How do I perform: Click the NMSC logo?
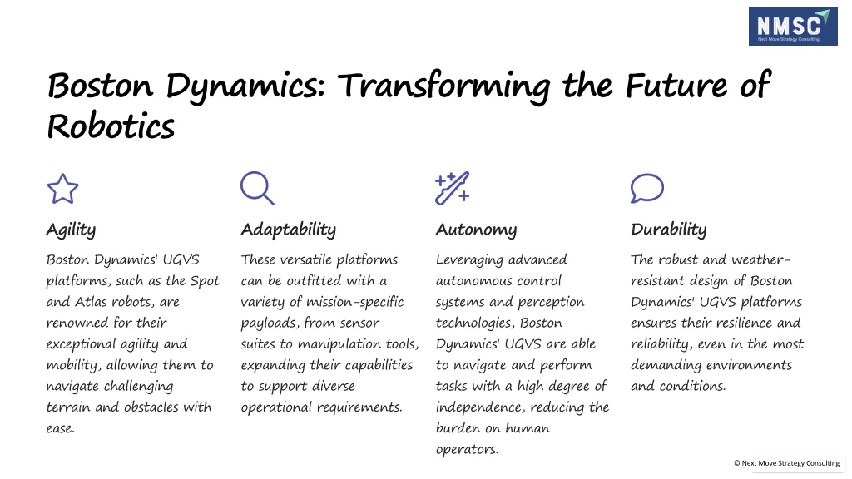(793, 26)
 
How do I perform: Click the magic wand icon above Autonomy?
(452, 189)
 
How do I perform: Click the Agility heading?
(72, 230)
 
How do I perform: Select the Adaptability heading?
(289, 230)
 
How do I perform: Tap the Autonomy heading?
(476, 230)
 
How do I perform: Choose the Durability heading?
(669, 230)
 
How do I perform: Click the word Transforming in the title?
(444, 86)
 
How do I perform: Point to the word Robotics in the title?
(111, 126)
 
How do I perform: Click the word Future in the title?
(676, 86)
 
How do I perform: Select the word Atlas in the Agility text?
(90, 301)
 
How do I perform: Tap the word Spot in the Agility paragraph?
(205, 281)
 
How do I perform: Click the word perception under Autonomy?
(551, 303)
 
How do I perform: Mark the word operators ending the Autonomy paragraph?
(467, 450)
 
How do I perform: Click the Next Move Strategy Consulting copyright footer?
(787, 463)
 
